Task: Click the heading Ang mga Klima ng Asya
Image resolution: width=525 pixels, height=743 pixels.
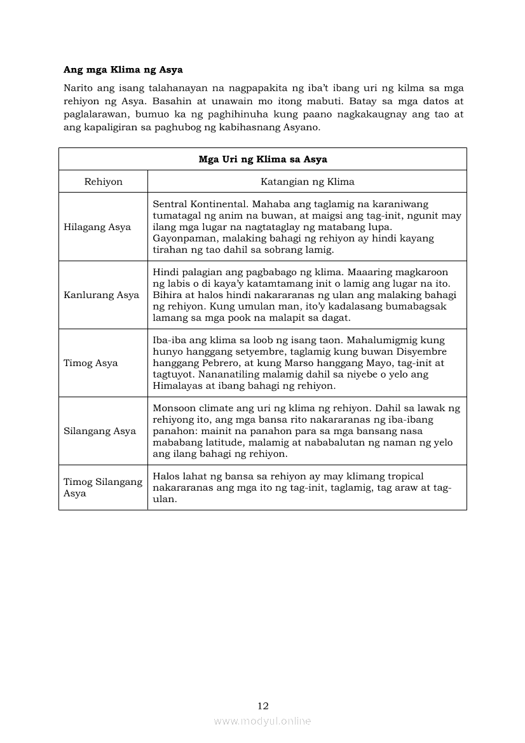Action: click(123, 69)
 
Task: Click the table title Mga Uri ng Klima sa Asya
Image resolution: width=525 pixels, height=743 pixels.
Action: click(262, 159)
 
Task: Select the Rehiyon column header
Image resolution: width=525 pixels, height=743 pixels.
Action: click(103, 182)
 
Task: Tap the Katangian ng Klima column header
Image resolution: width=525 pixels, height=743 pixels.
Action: click(307, 182)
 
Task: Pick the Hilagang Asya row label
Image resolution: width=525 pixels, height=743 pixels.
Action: click(97, 227)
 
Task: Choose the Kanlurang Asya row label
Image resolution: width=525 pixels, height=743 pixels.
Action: click(101, 295)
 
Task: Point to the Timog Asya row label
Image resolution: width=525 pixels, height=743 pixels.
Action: click(91, 363)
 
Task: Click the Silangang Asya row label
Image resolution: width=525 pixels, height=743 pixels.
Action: click(100, 431)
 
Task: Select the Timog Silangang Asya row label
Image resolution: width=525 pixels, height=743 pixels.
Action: click(103, 487)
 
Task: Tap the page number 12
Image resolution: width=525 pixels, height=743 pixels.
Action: click(262, 706)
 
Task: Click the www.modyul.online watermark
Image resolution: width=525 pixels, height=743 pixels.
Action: click(262, 721)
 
